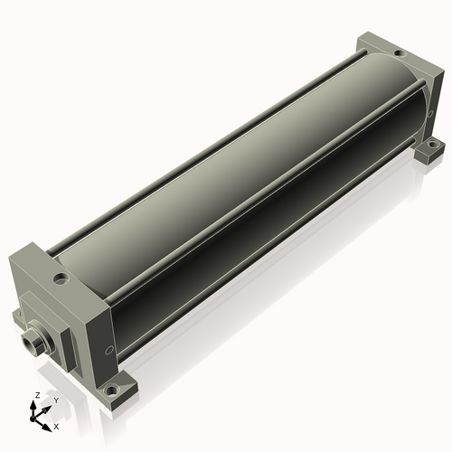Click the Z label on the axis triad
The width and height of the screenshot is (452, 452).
point(38,395)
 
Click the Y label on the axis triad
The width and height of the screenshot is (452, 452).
point(56,400)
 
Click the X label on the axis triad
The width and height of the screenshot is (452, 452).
point(56,427)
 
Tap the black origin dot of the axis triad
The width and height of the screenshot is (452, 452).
point(33,419)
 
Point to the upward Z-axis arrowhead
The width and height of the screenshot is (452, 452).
point(33,404)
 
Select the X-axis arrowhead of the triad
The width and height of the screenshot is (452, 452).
point(46,428)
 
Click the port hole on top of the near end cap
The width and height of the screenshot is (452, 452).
point(61,278)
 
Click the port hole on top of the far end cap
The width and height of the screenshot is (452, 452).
point(400,54)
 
